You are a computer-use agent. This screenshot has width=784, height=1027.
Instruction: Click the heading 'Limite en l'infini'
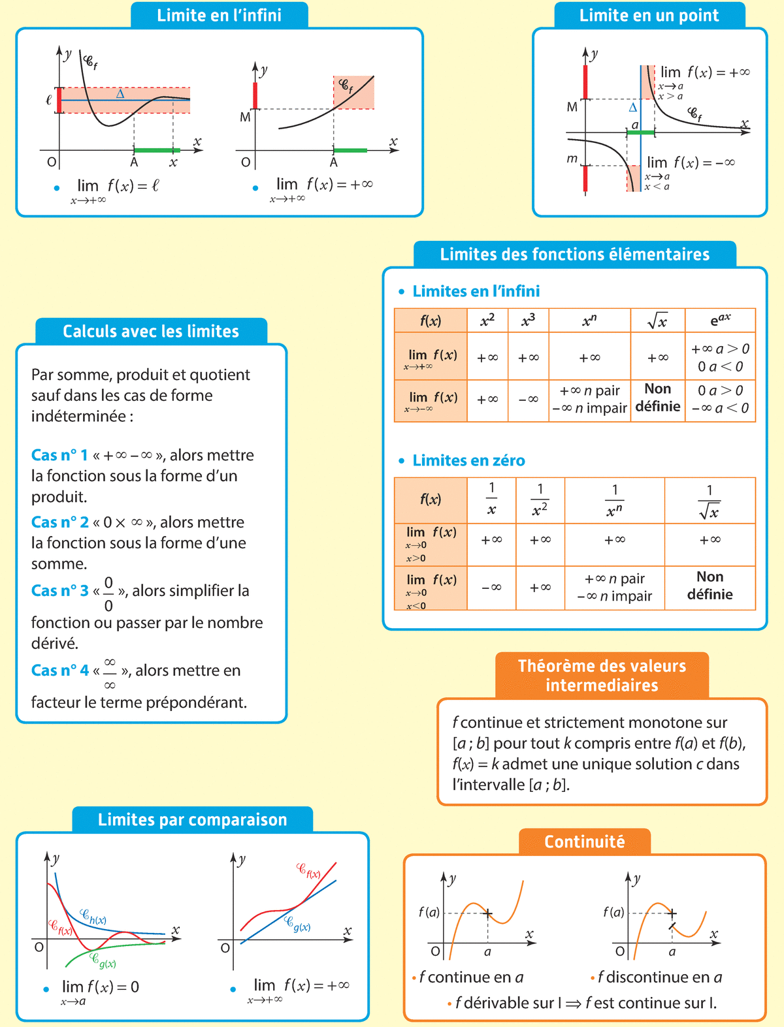click(219, 15)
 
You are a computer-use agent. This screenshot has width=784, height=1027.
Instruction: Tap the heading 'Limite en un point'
click(649, 15)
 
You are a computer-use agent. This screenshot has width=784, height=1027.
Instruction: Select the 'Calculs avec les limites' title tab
click(151, 331)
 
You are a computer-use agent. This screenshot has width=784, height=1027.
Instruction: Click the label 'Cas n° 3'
click(59, 590)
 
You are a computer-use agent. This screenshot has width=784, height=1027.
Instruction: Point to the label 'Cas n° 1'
click(59, 455)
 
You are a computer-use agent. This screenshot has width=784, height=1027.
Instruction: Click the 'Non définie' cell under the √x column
click(657, 398)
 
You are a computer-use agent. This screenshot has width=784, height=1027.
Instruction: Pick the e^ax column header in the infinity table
click(720, 321)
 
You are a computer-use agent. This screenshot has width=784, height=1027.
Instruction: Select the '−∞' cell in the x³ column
click(528, 399)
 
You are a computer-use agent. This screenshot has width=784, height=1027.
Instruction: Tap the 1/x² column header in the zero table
click(540, 499)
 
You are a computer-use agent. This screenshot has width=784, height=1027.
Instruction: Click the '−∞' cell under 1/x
click(491, 588)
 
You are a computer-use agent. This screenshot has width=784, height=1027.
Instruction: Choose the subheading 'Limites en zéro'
click(468, 460)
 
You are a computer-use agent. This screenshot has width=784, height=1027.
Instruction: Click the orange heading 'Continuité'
click(584, 842)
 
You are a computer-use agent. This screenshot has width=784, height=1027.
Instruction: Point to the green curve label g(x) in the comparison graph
click(103, 961)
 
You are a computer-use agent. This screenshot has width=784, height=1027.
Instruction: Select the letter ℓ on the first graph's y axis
click(48, 101)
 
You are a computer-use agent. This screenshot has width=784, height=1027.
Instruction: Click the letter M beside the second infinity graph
click(245, 118)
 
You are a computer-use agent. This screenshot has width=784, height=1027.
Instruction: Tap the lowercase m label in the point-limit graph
click(572, 159)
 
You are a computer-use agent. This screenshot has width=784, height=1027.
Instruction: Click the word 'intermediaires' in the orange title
click(602, 685)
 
